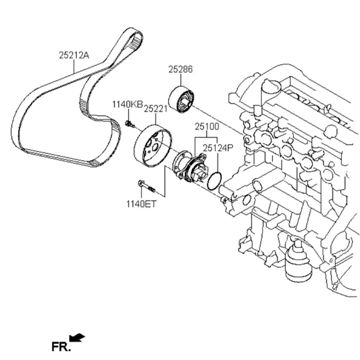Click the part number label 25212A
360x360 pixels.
pos(74,55)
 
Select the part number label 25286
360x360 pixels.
pos(180,69)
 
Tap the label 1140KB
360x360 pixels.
pos(127,105)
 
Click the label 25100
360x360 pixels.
pos(207,127)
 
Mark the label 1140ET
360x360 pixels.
pos(141,204)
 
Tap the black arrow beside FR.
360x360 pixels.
pos(77,338)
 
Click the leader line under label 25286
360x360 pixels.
pos(181,80)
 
